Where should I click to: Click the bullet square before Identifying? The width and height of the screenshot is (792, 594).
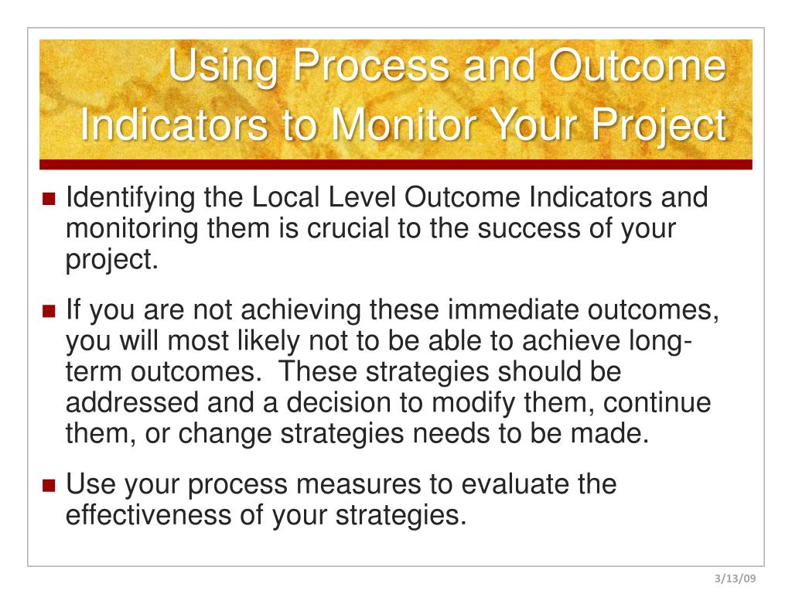tap(49, 199)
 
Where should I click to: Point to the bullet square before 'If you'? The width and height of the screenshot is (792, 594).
tap(49, 312)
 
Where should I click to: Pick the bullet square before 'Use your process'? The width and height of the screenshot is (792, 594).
tap(49, 486)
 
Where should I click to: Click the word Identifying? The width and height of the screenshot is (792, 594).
tap(129, 199)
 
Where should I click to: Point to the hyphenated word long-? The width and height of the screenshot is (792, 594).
tap(652, 342)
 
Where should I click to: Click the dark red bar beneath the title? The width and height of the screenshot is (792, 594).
tap(395, 164)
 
